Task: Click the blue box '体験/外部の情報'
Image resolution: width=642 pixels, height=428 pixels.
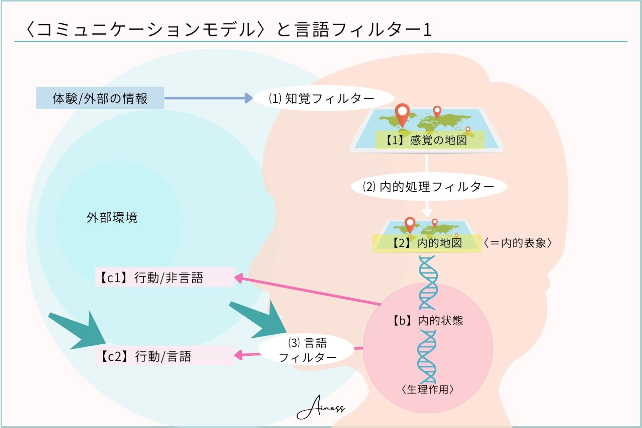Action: (x=100, y=98)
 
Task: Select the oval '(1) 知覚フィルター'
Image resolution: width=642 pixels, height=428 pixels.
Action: (x=323, y=98)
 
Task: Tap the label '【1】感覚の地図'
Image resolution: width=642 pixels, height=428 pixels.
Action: (x=430, y=140)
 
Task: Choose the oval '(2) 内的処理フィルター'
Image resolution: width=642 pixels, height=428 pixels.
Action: (x=429, y=186)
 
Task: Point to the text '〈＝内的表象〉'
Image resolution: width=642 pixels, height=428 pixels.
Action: (x=518, y=243)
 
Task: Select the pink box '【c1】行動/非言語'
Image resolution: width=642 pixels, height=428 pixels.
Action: (x=165, y=277)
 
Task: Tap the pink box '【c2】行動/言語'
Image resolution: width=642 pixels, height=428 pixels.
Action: (x=165, y=356)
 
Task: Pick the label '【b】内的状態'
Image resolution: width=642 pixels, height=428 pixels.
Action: (x=428, y=321)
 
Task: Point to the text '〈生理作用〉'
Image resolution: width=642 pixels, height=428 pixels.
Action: (x=428, y=389)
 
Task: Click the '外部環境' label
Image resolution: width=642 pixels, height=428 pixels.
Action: (x=112, y=217)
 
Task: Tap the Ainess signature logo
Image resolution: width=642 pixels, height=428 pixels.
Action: (x=320, y=407)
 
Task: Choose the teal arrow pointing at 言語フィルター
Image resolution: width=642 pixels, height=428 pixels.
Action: (x=261, y=319)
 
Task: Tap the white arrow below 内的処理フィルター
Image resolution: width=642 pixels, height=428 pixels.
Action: (x=427, y=208)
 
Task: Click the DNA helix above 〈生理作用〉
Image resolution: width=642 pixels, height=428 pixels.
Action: (x=427, y=356)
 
